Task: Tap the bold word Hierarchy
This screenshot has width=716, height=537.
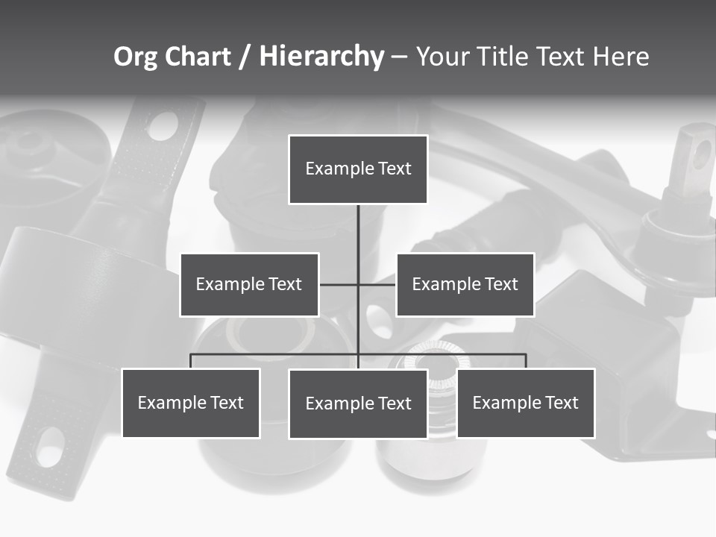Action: pos(321,57)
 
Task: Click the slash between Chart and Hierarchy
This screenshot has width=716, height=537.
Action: pos(245,57)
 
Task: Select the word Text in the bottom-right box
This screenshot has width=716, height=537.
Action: pos(562,403)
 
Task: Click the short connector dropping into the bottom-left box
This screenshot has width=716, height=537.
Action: pos(191,361)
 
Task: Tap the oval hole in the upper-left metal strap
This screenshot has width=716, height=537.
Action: pos(163,127)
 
